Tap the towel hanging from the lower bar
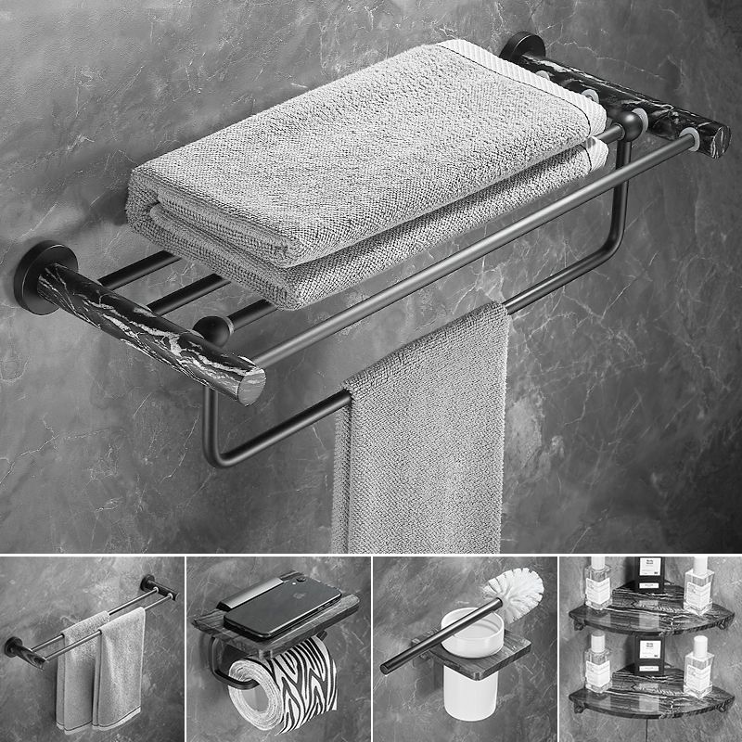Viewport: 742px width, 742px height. [422, 436]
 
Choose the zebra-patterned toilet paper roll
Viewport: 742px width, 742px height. [283, 686]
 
